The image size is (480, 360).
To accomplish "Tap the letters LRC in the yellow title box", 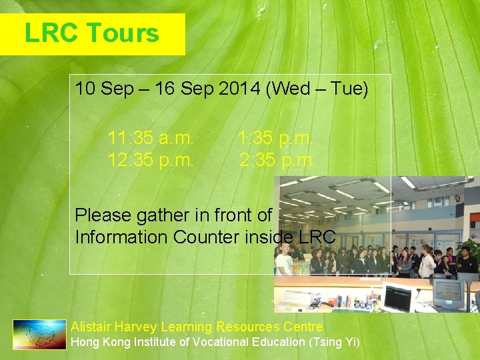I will point(51,33).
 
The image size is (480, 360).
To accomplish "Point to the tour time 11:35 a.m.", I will point(151,139).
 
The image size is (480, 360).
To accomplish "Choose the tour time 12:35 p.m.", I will point(151,160).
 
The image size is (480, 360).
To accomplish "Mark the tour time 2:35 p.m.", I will point(277,160).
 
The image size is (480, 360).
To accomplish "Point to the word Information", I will point(122,237).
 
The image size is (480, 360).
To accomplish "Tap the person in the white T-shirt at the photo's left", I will point(285,260).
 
